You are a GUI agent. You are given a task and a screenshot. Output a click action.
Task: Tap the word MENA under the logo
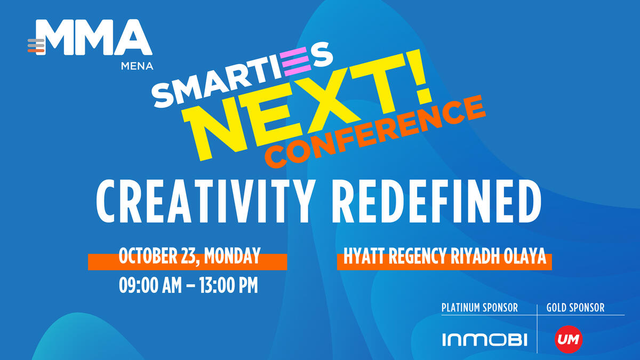(137, 67)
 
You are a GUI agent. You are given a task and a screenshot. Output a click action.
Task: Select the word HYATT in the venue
(361, 257)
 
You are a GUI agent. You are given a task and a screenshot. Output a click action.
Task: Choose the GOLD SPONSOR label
(575, 308)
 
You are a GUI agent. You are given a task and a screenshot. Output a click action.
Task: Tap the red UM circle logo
(569, 338)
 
